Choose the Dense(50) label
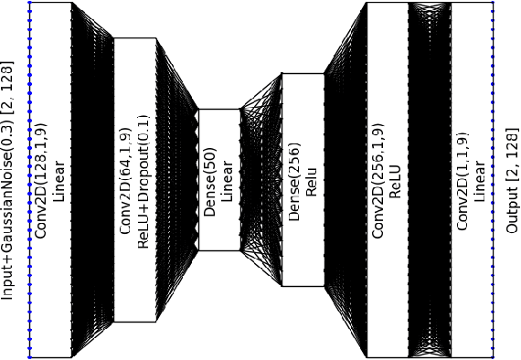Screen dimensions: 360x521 210,179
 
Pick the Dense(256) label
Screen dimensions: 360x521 294,180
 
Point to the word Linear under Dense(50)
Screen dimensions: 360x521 227,179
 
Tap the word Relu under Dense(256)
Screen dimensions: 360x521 310,180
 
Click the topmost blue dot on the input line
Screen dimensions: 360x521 29,3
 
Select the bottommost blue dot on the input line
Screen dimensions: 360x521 29,356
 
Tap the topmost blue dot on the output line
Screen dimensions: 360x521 494,3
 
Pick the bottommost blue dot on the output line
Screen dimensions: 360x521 494,356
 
